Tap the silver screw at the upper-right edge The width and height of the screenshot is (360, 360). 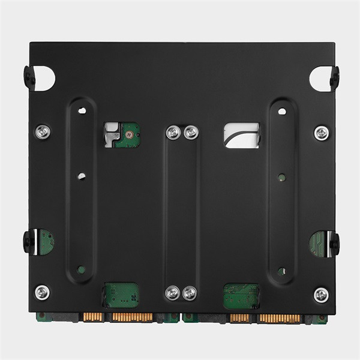click(321, 133)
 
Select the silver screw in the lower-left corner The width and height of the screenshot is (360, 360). click(42, 292)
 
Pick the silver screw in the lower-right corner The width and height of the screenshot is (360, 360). click(321, 295)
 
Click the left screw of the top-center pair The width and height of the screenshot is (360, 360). click(174, 132)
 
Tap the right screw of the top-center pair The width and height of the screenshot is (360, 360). click(190, 132)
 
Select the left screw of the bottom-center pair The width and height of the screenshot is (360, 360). click(173, 293)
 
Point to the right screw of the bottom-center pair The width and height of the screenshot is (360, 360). click(189, 293)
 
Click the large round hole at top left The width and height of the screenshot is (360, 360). click(46, 79)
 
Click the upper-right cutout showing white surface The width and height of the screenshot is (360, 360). click(241, 135)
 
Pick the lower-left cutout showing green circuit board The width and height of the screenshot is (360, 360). click(121, 295)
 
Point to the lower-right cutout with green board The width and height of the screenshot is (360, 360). click(241, 295)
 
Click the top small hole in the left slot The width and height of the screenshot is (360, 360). click(82, 110)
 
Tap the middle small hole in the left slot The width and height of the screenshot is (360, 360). click(82, 176)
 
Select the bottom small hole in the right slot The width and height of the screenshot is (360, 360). click(281, 271)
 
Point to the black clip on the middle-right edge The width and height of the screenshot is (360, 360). click(334, 242)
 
